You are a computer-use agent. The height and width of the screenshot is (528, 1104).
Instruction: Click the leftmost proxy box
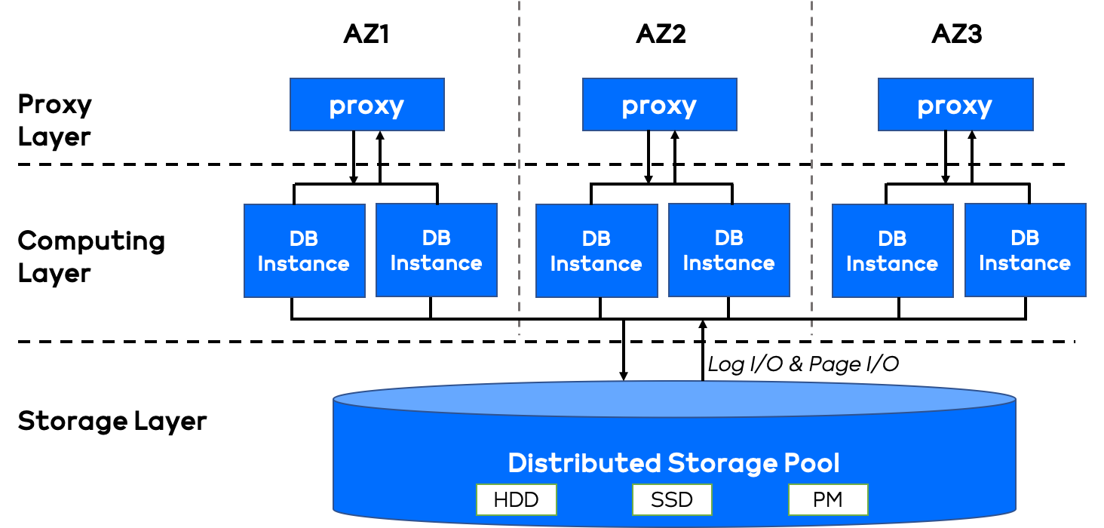pyautogui.click(x=366, y=105)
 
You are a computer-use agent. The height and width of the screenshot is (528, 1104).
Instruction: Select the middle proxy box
pyautogui.click(x=659, y=105)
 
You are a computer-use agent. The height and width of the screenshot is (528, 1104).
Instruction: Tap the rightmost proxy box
pyautogui.click(x=955, y=105)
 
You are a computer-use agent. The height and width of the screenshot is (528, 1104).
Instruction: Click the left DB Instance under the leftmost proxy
pyautogui.click(x=304, y=250)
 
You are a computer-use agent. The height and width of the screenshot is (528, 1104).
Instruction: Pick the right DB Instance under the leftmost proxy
pyautogui.click(x=436, y=250)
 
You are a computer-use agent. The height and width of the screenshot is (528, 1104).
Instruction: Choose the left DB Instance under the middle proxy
pyautogui.click(x=596, y=250)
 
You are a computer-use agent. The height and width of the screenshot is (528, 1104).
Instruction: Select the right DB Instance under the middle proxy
pyautogui.click(x=728, y=250)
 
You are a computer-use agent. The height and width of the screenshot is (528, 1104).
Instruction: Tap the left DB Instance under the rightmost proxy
pyautogui.click(x=892, y=250)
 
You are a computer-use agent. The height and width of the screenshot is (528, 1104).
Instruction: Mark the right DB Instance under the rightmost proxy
pyautogui.click(x=1025, y=250)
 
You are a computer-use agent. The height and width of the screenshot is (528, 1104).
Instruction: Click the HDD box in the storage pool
pyautogui.click(x=517, y=499)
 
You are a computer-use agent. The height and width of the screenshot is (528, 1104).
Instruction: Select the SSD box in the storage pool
pyautogui.click(x=672, y=499)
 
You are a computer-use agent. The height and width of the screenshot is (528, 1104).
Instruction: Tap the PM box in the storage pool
pyautogui.click(x=828, y=499)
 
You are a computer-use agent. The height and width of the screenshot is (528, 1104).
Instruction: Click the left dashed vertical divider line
pyautogui.click(x=520, y=166)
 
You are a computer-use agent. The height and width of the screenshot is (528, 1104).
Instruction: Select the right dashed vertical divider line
pyautogui.click(x=812, y=166)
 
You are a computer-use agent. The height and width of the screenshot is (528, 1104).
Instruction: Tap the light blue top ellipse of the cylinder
pyautogui.click(x=674, y=399)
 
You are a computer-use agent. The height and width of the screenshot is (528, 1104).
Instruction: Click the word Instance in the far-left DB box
pyautogui.click(x=304, y=264)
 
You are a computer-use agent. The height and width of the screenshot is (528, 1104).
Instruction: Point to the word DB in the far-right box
pyautogui.click(x=1025, y=238)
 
